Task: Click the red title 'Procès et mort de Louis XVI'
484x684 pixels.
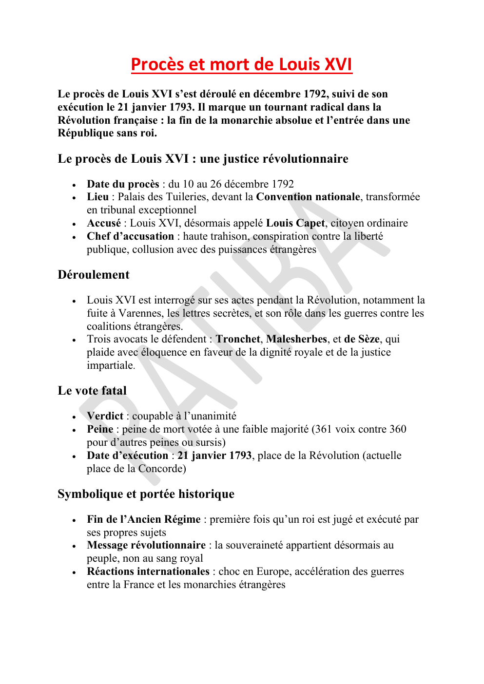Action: click(241, 64)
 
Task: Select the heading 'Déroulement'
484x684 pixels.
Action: click(94, 275)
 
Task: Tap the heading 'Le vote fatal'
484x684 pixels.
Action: click(92, 391)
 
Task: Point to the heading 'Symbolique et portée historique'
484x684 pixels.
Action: click(146, 494)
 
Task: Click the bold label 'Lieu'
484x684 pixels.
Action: click(97, 197)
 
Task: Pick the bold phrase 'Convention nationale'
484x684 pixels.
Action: click(308, 197)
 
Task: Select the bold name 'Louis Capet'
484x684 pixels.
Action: click(295, 223)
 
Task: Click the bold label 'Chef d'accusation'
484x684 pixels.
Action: click(130, 236)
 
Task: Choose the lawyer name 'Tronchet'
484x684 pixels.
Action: click(238, 339)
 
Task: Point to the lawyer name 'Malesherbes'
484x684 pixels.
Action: click(296, 339)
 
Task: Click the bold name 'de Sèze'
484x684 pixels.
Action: click(362, 339)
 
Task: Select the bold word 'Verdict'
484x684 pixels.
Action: click(105, 416)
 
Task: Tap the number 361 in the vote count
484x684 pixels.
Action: click(322, 429)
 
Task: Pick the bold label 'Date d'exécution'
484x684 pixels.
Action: click(127, 456)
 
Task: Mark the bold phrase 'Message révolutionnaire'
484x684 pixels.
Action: click(146, 545)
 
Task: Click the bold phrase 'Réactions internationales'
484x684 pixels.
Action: click(148, 571)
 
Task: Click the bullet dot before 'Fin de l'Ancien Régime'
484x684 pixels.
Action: click(74, 520)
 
